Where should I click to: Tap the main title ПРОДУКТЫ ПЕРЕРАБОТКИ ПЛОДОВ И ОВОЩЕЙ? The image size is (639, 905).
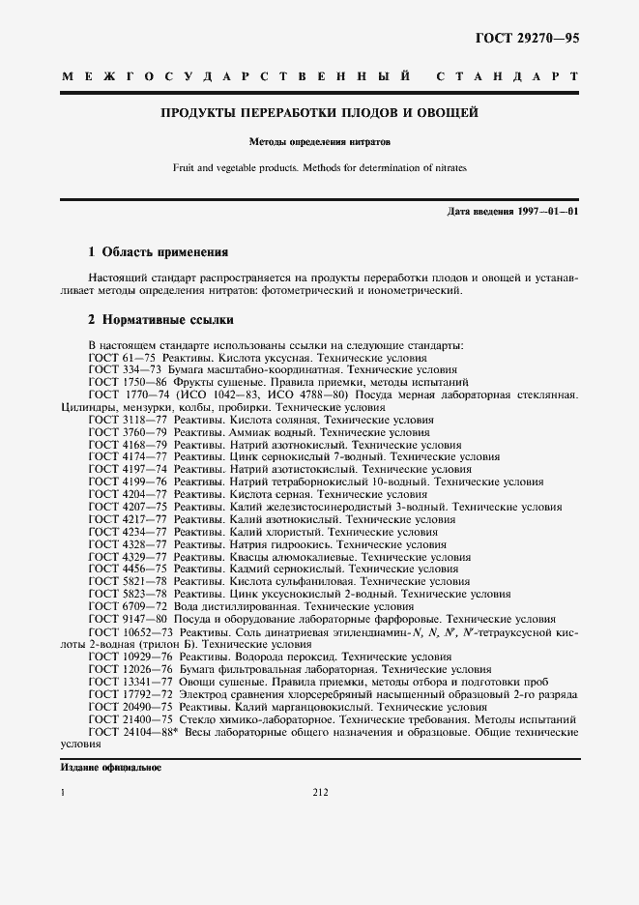coord(319,113)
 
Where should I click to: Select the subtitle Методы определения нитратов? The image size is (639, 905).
coord(319,141)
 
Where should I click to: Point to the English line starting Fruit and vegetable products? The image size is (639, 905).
coord(319,168)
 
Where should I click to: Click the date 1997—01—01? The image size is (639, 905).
coord(548,211)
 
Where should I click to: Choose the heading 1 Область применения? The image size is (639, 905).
coord(158,251)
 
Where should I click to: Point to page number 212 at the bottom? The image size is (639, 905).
coord(321,793)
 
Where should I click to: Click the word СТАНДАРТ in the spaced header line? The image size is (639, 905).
coord(507,75)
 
